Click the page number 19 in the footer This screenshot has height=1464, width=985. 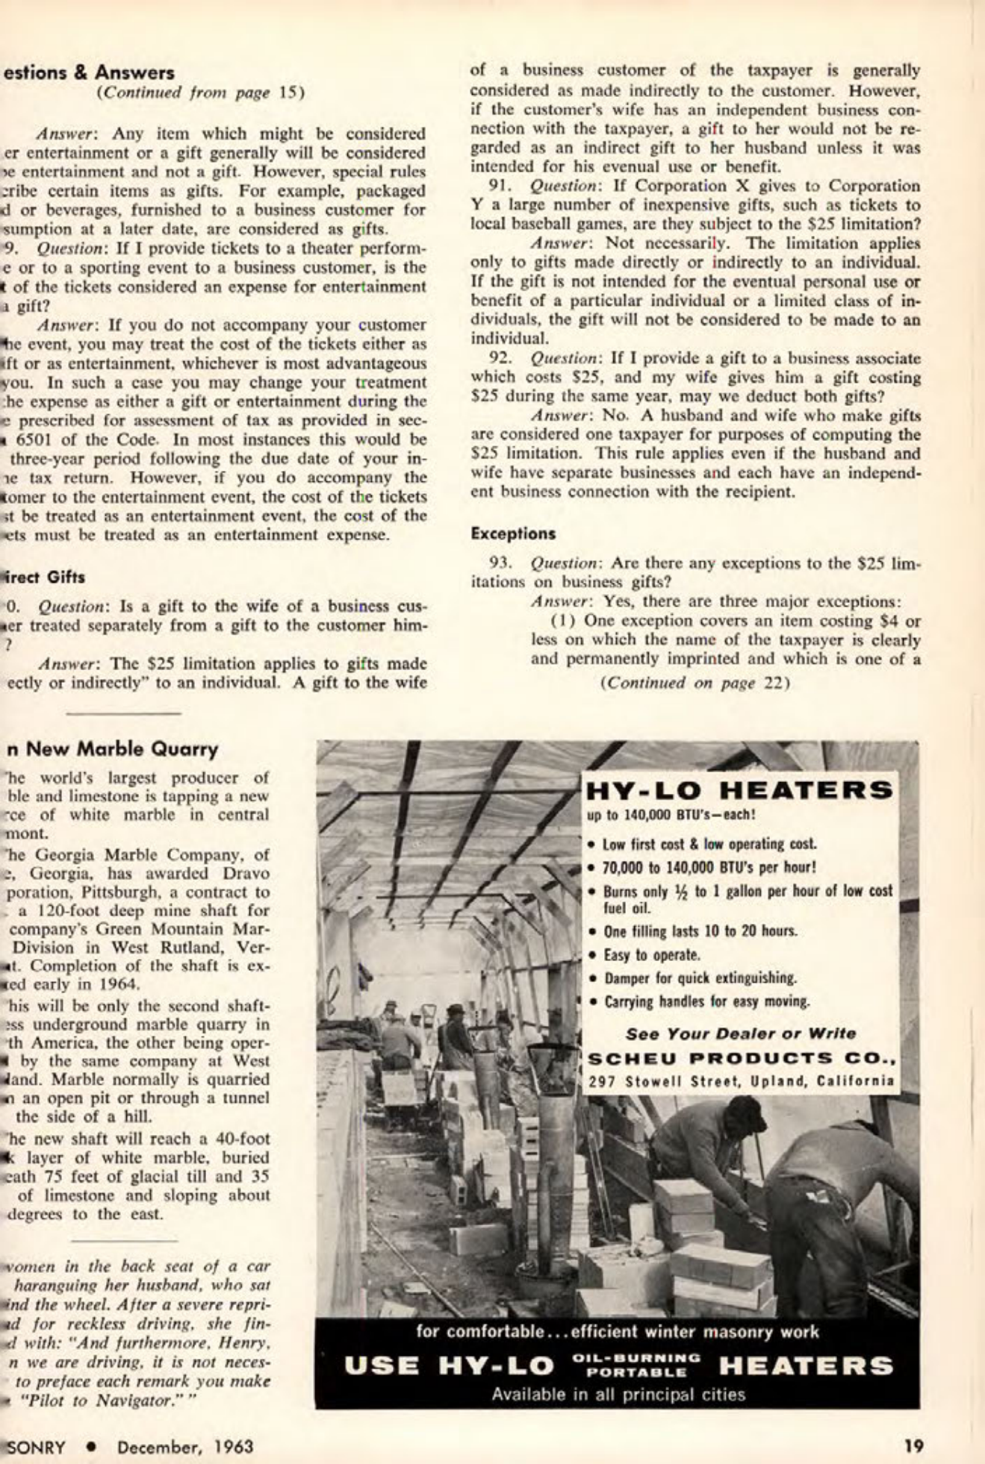[x=913, y=1446]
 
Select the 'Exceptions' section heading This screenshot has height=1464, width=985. [x=513, y=534]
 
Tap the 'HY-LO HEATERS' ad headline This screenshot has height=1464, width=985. [x=739, y=790]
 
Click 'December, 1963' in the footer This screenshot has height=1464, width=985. [x=184, y=1446]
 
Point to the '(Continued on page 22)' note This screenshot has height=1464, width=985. [x=695, y=683]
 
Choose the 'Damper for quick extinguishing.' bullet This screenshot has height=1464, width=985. [x=689, y=977]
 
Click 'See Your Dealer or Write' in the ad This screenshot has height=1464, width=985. [x=741, y=1033]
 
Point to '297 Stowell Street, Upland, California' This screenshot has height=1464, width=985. [x=741, y=1080]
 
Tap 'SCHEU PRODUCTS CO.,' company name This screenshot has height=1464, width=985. [x=741, y=1058]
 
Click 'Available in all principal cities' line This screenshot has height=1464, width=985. [x=618, y=1394]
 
